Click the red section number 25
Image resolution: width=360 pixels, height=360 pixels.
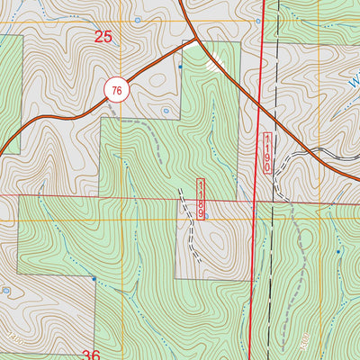click(103, 37)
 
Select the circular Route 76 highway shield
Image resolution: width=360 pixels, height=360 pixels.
click(117, 90)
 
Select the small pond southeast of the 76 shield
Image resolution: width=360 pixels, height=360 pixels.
click(166, 111)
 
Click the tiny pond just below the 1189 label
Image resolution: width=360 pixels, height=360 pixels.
click(207, 216)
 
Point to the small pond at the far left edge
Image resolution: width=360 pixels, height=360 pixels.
click(6, 291)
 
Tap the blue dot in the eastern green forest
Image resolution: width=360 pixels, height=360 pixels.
click(338, 252)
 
